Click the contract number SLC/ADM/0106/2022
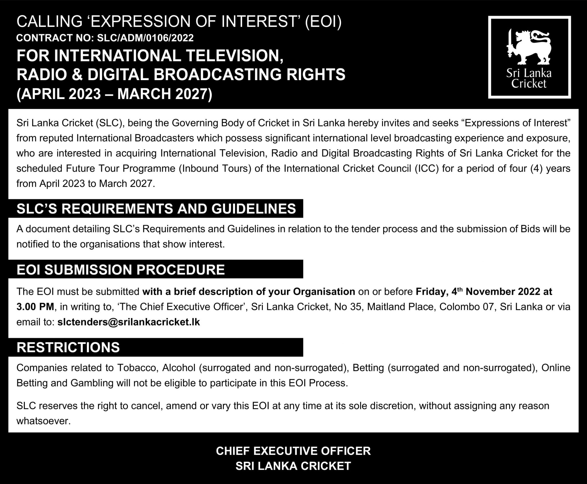point(145,38)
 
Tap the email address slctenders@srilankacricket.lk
point(128,322)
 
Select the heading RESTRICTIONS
point(68,347)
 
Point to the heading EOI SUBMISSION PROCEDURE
point(121,270)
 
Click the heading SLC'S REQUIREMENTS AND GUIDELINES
point(156,208)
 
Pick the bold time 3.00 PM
point(35,307)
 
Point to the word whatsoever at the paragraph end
point(43,421)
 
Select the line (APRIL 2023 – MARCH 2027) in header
point(114,94)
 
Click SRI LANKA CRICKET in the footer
point(293,466)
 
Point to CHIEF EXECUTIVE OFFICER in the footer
point(293,451)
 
